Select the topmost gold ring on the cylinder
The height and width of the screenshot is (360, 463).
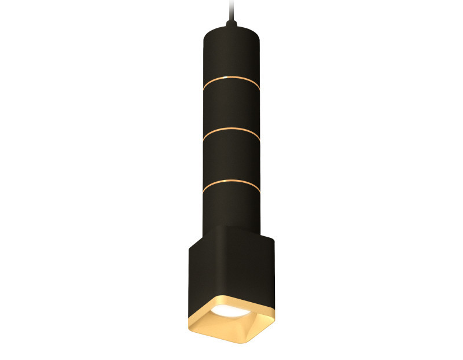[x=231, y=79]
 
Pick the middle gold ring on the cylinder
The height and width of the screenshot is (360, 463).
[x=231, y=131]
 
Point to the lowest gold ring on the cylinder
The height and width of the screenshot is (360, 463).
[x=231, y=183]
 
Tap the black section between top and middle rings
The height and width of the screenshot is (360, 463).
[x=231, y=106]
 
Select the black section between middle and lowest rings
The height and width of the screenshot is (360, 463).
[x=231, y=157]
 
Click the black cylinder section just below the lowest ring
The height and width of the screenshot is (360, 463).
[x=231, y=205]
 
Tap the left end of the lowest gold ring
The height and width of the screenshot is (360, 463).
[x=204, y=189]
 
